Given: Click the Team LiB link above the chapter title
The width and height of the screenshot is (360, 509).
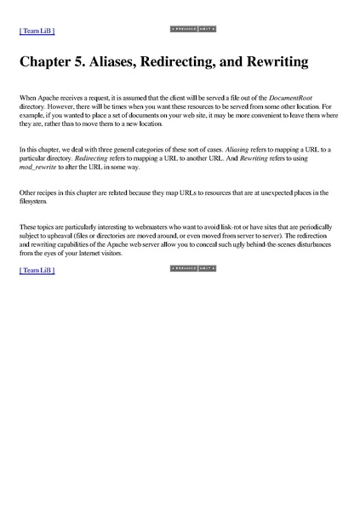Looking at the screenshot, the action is coord(37,31).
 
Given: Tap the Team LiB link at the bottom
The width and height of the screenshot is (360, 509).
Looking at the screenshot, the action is coord(37,270).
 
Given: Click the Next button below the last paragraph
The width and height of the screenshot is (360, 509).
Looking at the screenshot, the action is coord(205,267).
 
